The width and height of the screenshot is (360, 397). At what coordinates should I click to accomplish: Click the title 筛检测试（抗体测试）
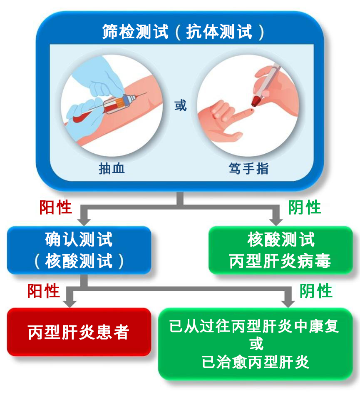183,32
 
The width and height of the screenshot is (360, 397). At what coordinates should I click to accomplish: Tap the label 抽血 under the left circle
112,169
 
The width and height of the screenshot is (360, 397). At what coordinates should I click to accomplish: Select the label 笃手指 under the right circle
248,169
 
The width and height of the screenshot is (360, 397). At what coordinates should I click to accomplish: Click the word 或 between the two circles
180,105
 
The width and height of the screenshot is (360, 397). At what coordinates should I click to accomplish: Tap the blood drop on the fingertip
251,110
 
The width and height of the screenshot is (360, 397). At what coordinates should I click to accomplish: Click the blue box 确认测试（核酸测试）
79,250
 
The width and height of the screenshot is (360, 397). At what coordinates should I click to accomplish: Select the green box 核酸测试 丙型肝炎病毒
281,250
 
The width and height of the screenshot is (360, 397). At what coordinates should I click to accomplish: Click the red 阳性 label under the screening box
55,207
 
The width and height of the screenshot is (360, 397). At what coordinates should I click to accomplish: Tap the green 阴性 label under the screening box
305,207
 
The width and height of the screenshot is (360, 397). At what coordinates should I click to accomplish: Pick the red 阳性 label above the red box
44,291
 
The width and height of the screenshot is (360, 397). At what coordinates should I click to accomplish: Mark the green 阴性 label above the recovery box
316,291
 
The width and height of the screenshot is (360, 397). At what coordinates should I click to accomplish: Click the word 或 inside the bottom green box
256,344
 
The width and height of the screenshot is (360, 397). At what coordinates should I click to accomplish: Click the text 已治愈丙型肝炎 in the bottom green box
256,362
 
